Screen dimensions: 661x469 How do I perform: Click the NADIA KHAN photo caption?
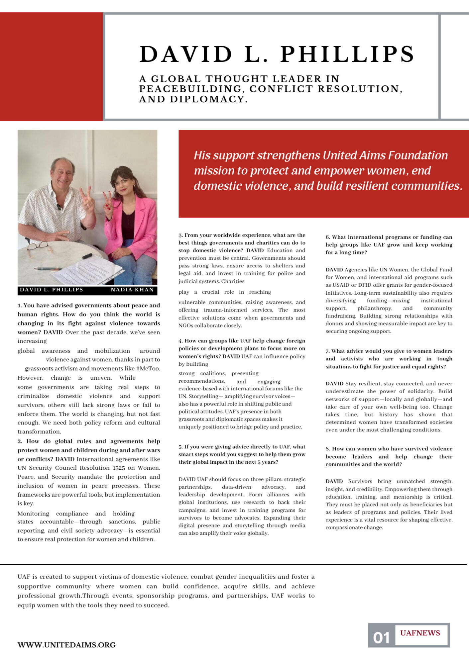click(132, 290)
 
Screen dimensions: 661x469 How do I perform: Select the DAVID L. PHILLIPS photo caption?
click(52, 290)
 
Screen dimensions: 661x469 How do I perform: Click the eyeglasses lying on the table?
click(38, 246)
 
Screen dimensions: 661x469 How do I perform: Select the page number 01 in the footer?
click(381, 638)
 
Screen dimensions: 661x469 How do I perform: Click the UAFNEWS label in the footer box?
click(420, 633)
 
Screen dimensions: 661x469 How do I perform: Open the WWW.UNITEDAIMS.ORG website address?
click(66, 645)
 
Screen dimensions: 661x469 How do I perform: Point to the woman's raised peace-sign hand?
click(108, 201)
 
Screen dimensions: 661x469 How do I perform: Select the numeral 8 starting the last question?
click(327, 449)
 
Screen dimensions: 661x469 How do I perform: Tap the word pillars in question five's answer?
click(265, 479)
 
